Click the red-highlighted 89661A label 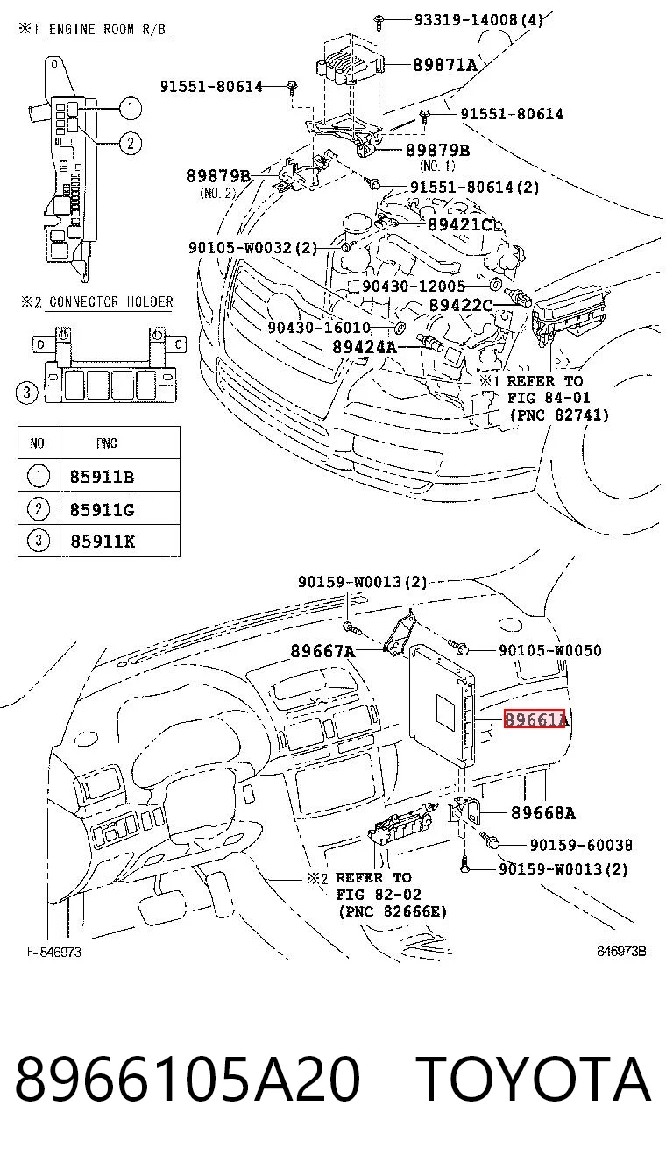pos(535,719)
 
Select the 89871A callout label pos(444,65)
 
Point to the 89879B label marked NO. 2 pos(217,176)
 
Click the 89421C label pos(460,224)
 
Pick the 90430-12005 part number pos(414,286)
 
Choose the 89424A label pos(365,346)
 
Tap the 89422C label pos(461,305)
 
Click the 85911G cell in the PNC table pos(103,509)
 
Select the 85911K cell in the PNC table pos(103,542)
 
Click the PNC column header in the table pos(107,443)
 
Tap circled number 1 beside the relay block pos(130,108)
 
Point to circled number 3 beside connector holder pos(27,392)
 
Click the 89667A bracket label pos(322,651)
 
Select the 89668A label pos(542,812)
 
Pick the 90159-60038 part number pos(581,845)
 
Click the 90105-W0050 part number pos(550,650)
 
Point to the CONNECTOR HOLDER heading pos(111,301)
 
